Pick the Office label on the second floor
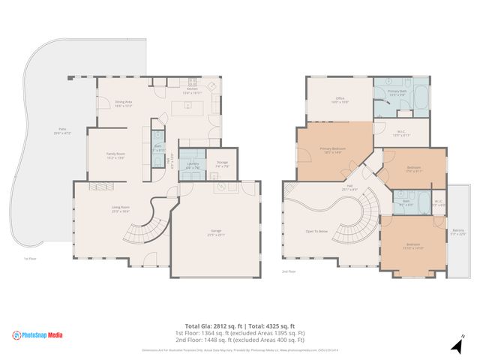coord(339,99)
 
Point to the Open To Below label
coord(316,231)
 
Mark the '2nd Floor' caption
coord(289,271)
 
